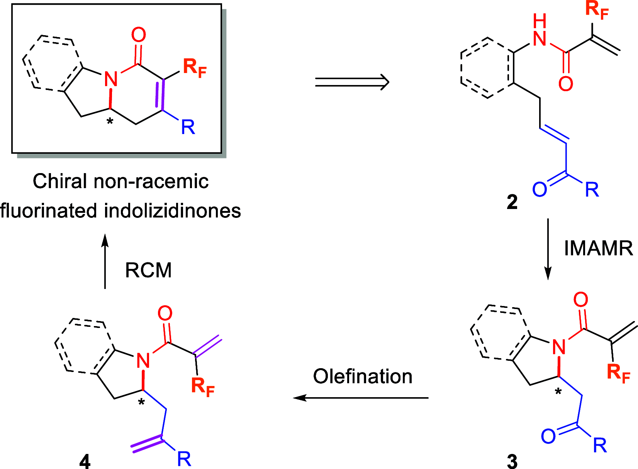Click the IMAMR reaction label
click(x=598, y=248)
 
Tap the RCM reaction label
click(x=148, y=270)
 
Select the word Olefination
click(x=363, y=376)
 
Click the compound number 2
click(x=512, y=202)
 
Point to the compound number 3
click(x=512, y=461)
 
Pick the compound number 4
click(x=85, y=461)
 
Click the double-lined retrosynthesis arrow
click(x=352, y=82)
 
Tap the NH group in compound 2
click(x=540, y=31)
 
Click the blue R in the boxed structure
click(x=188, y=127)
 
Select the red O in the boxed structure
click(x=139, y=35)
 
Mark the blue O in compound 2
click(x=540, y=189)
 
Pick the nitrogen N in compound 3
click(x=559, y=347)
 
